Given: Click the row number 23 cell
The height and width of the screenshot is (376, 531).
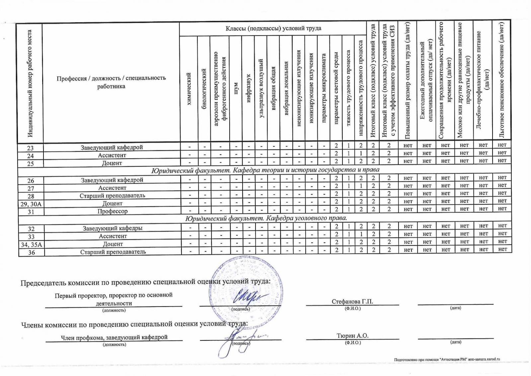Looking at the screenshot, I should [x=30, y=148].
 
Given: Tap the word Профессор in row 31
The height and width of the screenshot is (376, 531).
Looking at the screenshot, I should [x=113, y=211].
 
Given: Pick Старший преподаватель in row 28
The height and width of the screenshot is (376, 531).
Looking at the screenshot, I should [x=112, y=196].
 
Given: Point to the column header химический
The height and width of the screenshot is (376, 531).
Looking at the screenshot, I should [x=189, y=89].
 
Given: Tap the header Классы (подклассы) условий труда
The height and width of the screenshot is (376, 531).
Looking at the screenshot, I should [x=273, y=28].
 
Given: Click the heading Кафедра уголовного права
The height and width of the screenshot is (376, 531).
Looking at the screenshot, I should [x=266, y=218].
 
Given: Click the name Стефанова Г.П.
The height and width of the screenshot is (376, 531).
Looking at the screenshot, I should [x=352, y=301].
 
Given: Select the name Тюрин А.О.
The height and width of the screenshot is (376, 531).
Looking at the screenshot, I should [x=352, y=336].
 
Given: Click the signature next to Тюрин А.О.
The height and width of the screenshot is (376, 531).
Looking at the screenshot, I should [x=239, y=340].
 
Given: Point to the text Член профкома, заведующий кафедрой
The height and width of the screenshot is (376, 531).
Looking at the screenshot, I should [x=114, y=337].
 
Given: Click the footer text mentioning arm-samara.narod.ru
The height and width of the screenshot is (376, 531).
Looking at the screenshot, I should [x=447, y=360].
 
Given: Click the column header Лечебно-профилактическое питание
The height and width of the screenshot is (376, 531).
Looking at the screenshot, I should [x=483, y=80].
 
